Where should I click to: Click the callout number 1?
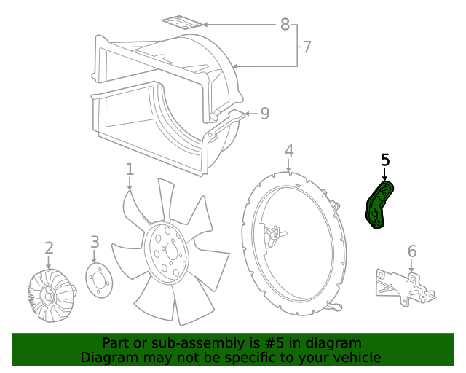pos(130,169)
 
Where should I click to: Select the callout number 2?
pos(49,248)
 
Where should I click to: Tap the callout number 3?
pos(95,242)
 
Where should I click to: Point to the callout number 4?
pos(289,151)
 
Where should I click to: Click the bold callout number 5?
pos(385,160)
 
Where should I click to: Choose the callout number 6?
pos(412,251)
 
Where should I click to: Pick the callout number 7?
pos(307,47)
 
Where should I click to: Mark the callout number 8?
pos(285,24)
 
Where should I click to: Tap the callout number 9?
pos(264,113)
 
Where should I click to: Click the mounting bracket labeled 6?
pos(404,286)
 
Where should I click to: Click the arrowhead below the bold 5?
pos(385,176)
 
